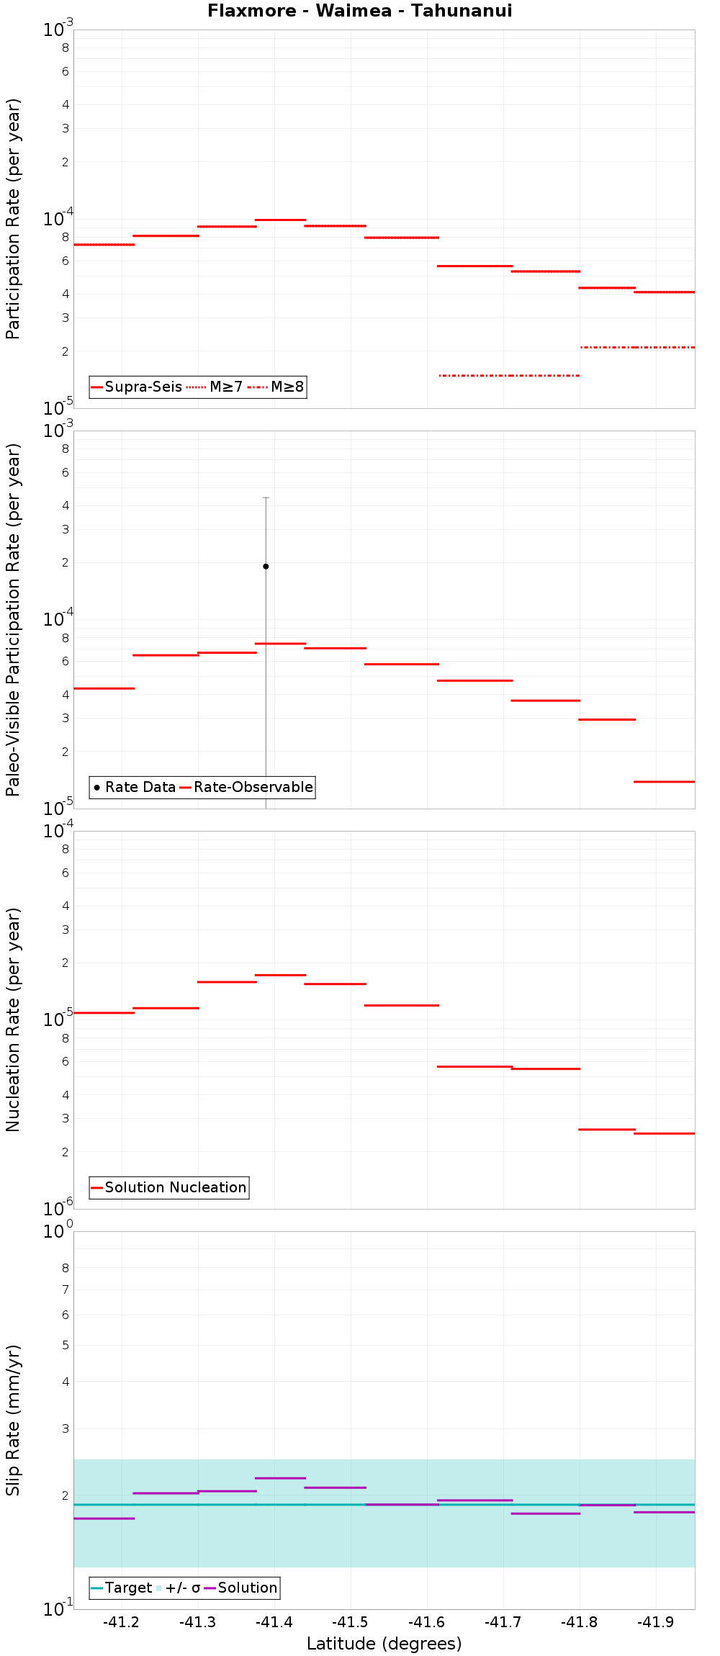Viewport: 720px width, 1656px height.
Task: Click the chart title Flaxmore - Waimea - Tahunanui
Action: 360,11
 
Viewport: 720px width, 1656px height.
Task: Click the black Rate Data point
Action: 266,566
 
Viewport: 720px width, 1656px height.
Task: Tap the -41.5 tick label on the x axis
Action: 351,1622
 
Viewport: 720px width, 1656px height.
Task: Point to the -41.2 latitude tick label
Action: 121,1622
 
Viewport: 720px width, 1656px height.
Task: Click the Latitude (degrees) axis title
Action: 384,1644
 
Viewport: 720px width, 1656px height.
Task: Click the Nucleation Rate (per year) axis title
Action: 13,1020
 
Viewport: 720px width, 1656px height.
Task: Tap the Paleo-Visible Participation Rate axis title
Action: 13,619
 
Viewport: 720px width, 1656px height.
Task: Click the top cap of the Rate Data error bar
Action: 266,498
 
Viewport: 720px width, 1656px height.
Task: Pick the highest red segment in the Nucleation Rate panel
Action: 280,975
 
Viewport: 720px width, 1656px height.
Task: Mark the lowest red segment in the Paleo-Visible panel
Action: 664,781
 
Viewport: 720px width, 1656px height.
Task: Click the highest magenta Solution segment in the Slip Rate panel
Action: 280,1478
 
